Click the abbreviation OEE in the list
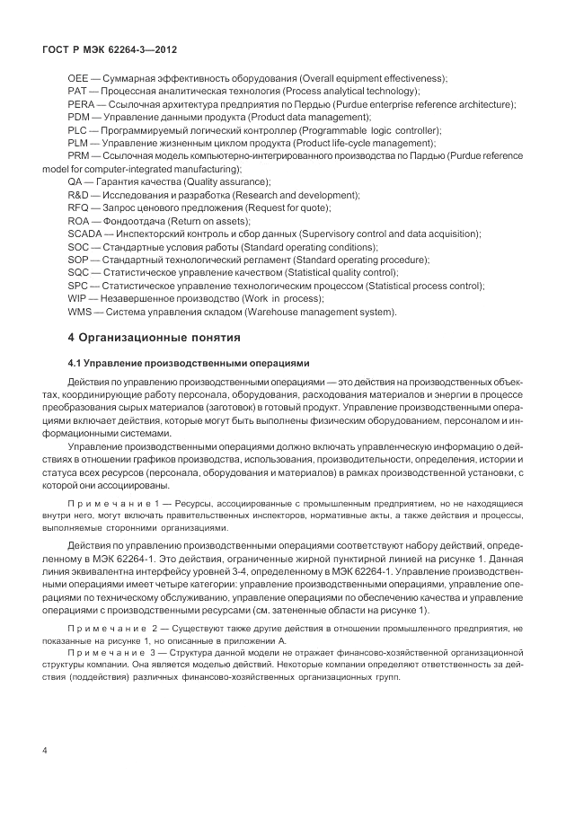tap(78, 79)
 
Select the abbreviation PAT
tap(77, 92)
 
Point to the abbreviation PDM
tap(78, 117)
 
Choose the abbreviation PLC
tap(77, 130)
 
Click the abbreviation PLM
tap(78, 143)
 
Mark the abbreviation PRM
tap(78, 156)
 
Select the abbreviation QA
tap(75, 182)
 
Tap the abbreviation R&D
tap(78, 195)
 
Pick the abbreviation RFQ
tap(78, 208)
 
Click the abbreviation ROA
tap(78, 221)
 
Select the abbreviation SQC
tap(78, 272)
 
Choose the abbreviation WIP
tap(77, 298)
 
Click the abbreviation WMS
tap(79, 312)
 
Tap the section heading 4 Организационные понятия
tap(155, 339)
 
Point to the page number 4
tap(44, 749)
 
